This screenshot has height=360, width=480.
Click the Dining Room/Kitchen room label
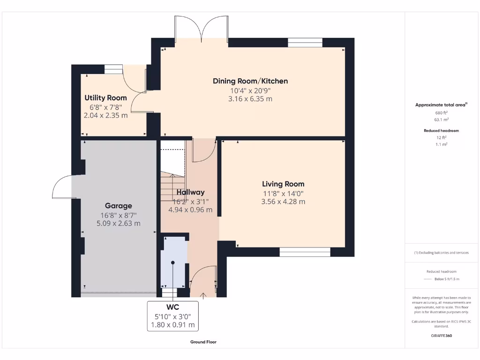coord(250,81)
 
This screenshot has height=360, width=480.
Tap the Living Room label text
coord(283,184)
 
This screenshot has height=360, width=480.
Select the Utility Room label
coord(105,98)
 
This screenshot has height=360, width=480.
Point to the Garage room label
coord(118,205)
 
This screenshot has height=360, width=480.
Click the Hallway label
coord(190,192)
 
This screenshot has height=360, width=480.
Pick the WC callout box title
coord(172,307)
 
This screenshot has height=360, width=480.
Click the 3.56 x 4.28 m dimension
coord(283,202)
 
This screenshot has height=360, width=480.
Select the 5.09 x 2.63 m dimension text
coord(118,223)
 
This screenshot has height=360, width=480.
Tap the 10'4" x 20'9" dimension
coord(250,90)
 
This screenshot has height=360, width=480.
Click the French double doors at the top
coord(202,29)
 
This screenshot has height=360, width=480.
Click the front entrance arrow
coord(203,295)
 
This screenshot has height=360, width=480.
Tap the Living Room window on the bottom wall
coord(305,252)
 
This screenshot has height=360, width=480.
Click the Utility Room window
coord(113,69)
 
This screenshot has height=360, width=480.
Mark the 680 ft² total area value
coord(441,112)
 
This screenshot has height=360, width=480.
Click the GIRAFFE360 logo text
coord(441,336)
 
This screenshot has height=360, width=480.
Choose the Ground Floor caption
coord(203,342)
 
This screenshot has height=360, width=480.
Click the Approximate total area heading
coord(441,105)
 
